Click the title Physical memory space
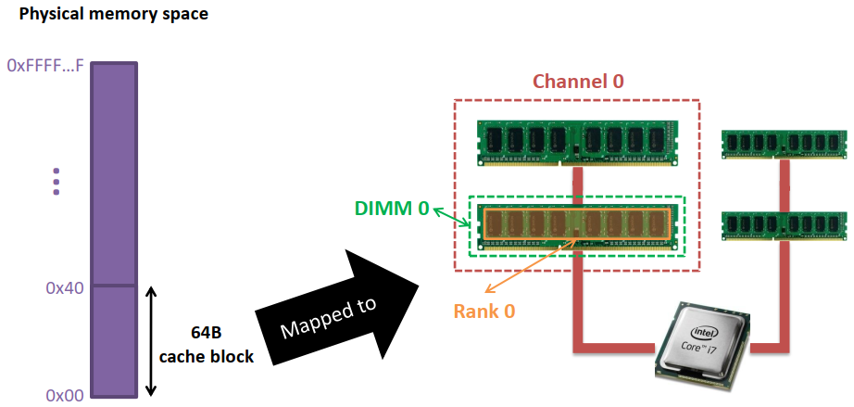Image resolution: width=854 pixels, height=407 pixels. click(114, 14)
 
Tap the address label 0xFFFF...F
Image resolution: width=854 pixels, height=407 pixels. click(45, 66)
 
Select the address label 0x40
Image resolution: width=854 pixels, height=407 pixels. click(65, 287)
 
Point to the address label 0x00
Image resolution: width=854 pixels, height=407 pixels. click(65, 396)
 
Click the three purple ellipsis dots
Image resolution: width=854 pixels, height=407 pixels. click(57, 181)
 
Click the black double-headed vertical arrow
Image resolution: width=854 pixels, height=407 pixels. click(152, 341)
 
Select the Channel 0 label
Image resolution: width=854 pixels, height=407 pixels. click(578, 81)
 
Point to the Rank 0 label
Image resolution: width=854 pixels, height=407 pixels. click(484, 312)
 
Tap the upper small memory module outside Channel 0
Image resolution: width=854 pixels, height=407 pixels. click(784, 145)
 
